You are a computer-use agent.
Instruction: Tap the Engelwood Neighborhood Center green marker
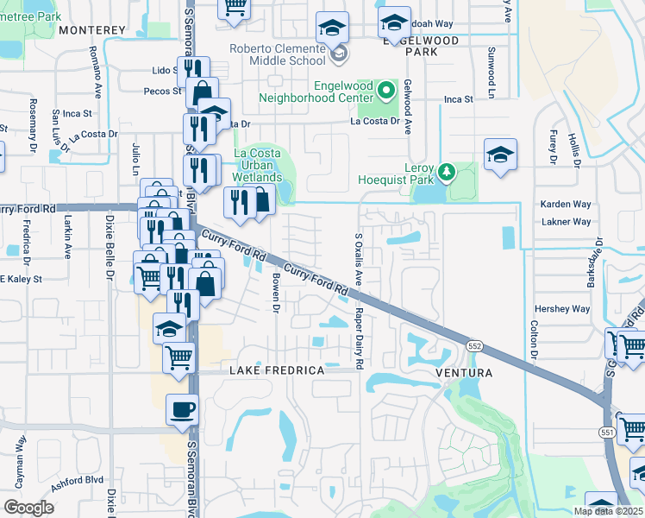point(386,89)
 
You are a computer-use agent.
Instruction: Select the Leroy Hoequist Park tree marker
point(446,171)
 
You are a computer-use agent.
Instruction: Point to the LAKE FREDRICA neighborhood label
point(277,370)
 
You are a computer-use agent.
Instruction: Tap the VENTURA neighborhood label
point(464,373)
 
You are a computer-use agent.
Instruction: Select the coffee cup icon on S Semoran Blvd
point(182,409)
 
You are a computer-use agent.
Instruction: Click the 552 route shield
point(474,346)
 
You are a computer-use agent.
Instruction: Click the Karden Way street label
point(566,205)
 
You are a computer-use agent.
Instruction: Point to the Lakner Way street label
point(566,222)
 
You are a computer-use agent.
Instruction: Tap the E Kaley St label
point(20,279)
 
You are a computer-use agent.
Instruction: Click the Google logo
point(28,507)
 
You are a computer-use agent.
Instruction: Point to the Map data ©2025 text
point(607,511)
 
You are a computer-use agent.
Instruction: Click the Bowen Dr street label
point(277,292)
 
